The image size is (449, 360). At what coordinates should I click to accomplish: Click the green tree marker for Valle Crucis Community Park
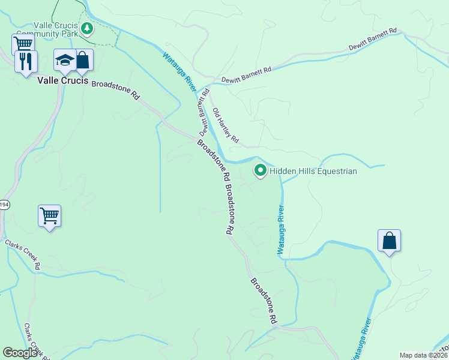coord(87,28)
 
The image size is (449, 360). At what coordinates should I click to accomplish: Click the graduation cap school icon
coord(64,59)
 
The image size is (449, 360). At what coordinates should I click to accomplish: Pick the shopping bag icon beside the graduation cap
coord(83,59)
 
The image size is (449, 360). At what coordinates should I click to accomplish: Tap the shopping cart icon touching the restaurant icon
coord(22,43)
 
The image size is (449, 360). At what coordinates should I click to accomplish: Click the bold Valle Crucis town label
coord(62,80)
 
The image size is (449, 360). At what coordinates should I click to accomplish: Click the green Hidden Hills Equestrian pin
coord(261,170)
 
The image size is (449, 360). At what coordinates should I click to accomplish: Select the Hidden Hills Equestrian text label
coord(313,172)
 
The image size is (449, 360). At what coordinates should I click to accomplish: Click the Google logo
coord(20,353)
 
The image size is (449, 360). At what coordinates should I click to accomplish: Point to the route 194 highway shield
coord(3,204)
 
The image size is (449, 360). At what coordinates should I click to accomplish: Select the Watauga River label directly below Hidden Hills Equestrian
coord(280,230)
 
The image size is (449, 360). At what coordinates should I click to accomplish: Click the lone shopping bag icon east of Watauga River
coord(390,241)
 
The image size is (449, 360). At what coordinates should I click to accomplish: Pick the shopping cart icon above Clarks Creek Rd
coord(49,216)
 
